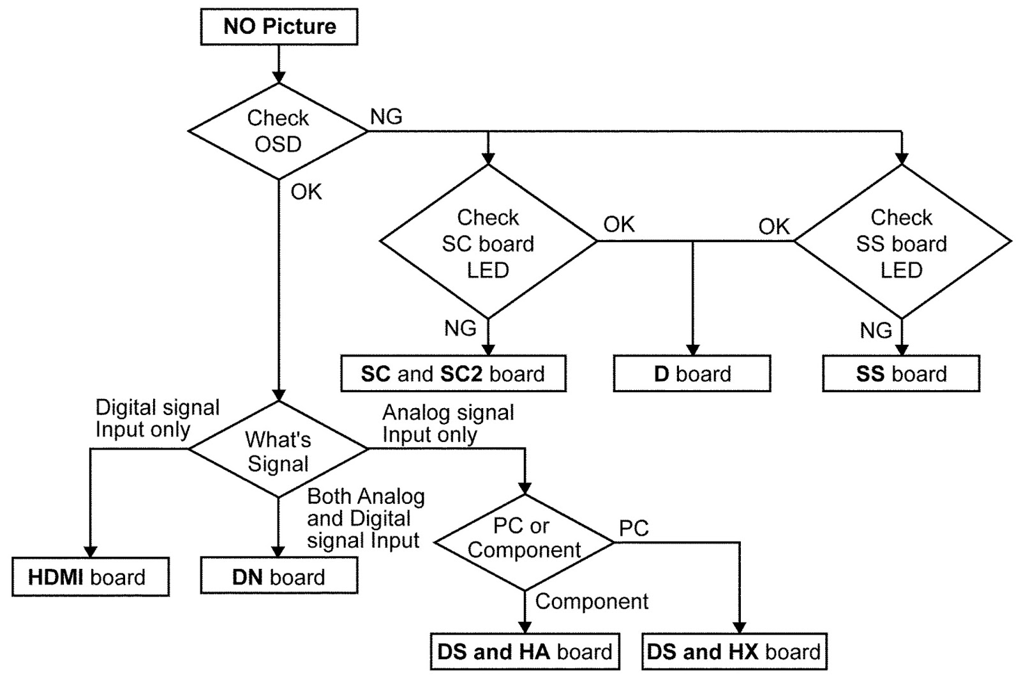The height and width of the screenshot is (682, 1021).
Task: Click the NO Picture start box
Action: tap(279, 27)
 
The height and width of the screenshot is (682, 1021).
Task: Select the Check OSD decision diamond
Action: tap(278, 131)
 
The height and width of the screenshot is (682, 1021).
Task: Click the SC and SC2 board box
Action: tap(453, 374)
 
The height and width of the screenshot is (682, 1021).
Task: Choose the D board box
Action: tap(692, 374)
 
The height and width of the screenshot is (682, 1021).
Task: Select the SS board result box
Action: tap(901, 374)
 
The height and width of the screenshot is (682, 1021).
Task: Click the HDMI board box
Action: tap(90, 577)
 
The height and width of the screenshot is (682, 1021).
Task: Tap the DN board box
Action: tap(279, 577)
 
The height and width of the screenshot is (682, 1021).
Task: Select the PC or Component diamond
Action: tap(524, 542)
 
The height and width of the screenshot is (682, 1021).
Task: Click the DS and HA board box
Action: tap(525, 652)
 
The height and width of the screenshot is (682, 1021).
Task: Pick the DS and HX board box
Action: tap(734, 652)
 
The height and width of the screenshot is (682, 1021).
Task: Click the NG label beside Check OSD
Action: tap(386, 117)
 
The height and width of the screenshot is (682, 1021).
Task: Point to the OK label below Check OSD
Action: tap(306, 192)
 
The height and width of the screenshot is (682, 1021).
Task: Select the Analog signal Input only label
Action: tap(448, 423)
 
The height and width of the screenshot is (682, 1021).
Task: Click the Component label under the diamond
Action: tap(592, 602)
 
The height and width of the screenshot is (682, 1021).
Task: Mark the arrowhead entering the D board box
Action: tap(692, 349)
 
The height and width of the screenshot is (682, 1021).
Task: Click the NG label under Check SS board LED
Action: tap(876, 331)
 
